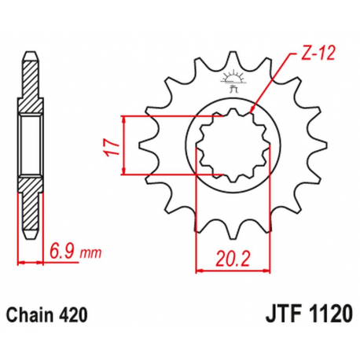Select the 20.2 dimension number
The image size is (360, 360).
226,255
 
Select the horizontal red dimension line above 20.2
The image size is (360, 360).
226,270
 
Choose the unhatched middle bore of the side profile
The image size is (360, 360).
30,145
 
